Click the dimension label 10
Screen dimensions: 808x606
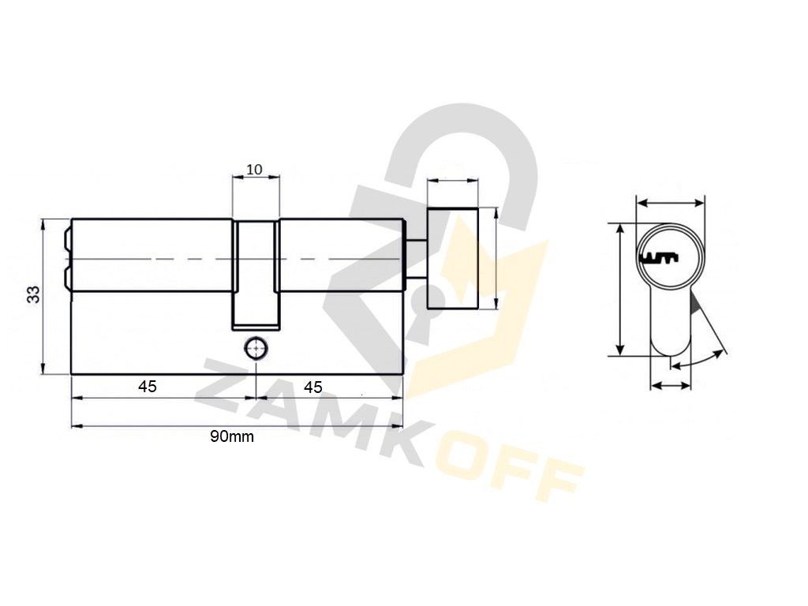pos(255,169)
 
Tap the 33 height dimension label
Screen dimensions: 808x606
pos(33,295)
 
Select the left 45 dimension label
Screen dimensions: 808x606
pos(148,386)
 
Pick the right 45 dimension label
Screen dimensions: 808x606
pos(313,387)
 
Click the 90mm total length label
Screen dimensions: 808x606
pos(232,436)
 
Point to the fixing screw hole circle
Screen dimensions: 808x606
pos(256,349)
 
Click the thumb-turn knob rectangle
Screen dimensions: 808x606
pos(452,258)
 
